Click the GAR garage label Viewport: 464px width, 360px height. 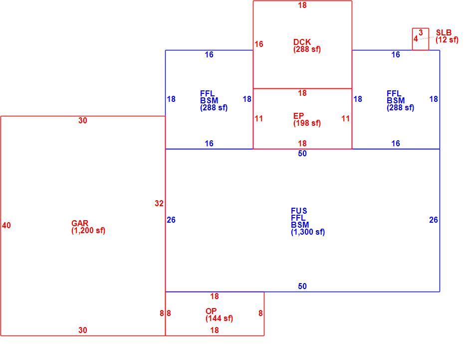(80, 223)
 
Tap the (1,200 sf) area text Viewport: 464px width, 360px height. (88, 230)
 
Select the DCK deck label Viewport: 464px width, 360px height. (302, 42)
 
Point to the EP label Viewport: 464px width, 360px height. (298, 116)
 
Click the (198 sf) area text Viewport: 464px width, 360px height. (307, 123)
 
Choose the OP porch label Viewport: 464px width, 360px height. (211, 311)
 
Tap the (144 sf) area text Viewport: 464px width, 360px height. (219, 318)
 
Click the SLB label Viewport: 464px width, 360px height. (444, 32)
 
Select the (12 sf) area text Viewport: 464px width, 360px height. (447, 39)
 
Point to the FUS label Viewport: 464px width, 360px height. (299, 211)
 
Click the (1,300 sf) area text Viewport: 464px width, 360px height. (308, 232)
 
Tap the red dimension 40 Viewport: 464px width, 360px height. (6, 225)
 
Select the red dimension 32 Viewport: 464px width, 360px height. (159, 203)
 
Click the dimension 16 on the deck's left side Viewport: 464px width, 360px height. (259, 44)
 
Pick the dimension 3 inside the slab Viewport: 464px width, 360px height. (421, 32)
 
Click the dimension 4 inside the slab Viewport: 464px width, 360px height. (416, 39)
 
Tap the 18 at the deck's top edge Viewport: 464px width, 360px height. (302, 5)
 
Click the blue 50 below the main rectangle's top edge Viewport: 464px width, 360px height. (302, 153)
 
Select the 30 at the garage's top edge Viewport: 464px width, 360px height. (82, 120)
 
